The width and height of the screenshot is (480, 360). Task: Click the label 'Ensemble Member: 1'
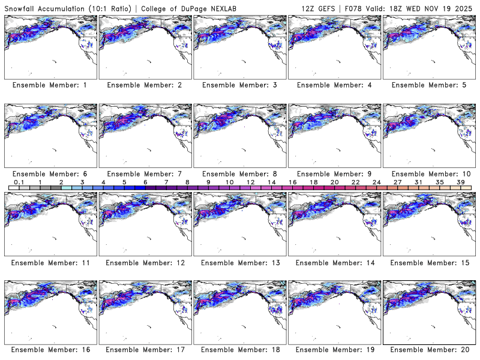[49, 85]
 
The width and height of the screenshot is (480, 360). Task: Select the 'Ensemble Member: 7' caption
[144, 174]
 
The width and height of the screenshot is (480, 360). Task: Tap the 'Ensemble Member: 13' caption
[239, 262]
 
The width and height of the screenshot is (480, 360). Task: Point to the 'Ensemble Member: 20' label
[428, 350]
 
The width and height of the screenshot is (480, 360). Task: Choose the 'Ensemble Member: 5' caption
[428, 85]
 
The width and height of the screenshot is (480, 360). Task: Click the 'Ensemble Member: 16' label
[49, 350]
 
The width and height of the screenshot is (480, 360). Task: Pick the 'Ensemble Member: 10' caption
[428, 174]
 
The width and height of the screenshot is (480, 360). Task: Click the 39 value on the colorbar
[460, 181]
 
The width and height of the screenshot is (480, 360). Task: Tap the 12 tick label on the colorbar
[250, 181]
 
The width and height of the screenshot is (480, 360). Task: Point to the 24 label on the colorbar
[376, 181]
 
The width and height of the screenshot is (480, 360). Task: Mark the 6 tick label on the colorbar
[145, 181]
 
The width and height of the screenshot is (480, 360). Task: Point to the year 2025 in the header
[466, 7]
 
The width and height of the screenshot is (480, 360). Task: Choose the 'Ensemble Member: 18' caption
[239, 350]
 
